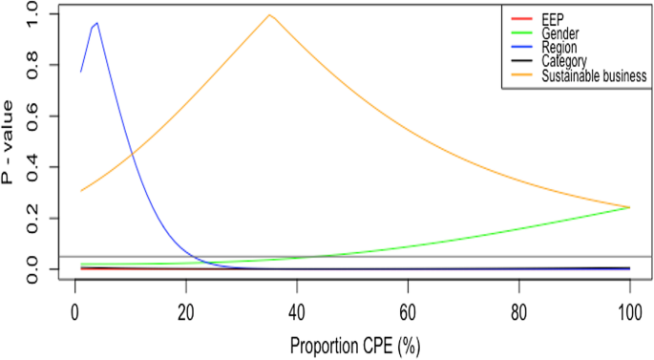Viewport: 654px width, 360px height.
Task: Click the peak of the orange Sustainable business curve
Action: click(x=270, y=14)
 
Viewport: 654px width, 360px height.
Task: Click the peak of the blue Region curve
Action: click(x=96, y=23)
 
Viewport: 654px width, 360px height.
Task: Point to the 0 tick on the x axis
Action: click(x=74, y=311)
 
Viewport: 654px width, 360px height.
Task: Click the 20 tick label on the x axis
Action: click(x=185, y=311)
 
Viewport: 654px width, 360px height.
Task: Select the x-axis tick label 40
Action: click(x=297, y=311)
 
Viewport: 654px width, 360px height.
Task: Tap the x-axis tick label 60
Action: click(x=408, y=311)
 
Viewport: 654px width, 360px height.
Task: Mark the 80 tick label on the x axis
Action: click(x=518, y=311)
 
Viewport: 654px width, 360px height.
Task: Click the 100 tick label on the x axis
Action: click(x=629, y=311)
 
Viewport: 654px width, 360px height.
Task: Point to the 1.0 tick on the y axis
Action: click(x=34, y=13)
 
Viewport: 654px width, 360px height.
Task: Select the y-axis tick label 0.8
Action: click(x=34, y=65)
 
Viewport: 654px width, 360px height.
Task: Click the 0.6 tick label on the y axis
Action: click(x=34, y=116)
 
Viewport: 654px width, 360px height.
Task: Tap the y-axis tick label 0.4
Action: click(x=34, y=168)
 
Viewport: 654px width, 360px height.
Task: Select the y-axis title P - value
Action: click(x=11, y=142)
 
